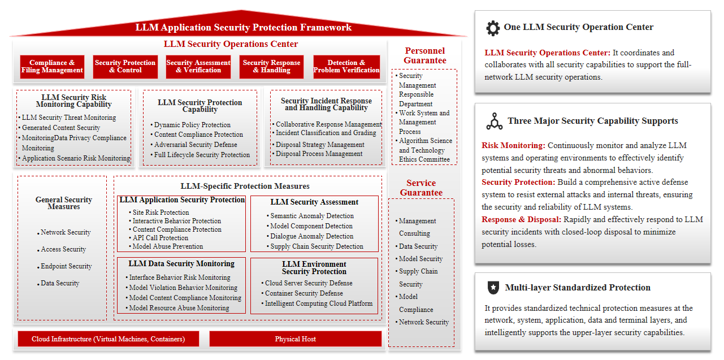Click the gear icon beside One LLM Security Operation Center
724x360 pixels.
493,28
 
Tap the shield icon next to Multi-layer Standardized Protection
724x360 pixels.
493,287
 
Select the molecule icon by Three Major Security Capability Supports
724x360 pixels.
495,121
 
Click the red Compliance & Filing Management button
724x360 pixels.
52,67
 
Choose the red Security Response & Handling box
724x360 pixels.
271,67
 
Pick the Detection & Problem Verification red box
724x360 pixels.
346,67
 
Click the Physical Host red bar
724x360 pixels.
296,339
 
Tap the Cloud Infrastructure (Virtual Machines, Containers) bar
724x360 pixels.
109,339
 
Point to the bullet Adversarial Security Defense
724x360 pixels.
194,145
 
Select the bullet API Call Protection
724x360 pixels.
158,238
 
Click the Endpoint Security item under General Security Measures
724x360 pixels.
64,266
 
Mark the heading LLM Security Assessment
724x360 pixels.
314,202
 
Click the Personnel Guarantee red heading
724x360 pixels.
425,55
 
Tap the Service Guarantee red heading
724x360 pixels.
421,188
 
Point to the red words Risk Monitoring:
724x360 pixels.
513,145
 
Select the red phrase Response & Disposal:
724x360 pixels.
521,219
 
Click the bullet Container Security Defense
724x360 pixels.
302,293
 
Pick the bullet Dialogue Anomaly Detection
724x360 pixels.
310,236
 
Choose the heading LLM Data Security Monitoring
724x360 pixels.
181,264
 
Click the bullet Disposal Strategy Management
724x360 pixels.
318,145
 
